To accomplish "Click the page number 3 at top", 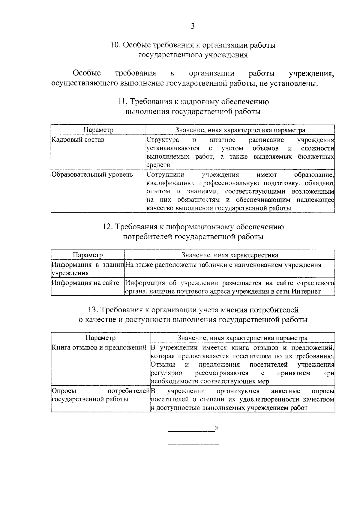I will click(x=193, y=26).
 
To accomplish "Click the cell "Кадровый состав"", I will click(x=78, y=140).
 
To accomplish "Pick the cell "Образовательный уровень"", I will click(x=92, y=174).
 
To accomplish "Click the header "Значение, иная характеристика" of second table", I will click(x=229, y=255).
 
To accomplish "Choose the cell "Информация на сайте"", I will click(x=85, y=283).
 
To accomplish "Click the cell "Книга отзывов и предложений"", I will click(x=99, y=348).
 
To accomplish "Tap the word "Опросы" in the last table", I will click(x=64, y=391).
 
